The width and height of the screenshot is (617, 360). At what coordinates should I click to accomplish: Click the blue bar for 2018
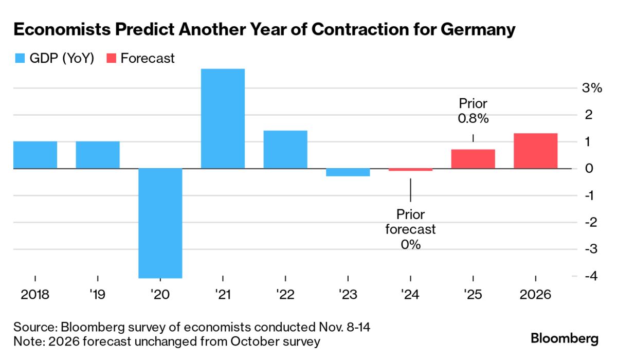(x=35, y=155)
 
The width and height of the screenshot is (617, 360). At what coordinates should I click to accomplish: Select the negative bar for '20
(x=160, y=223)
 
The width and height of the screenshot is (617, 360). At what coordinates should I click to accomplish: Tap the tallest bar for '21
(x=223, y=118)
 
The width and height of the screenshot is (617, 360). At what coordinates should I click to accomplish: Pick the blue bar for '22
(x=285, y=150)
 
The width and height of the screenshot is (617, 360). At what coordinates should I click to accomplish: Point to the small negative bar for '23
(x=348, y=172)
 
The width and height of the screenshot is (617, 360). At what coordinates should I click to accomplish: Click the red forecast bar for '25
(x=473, y=159)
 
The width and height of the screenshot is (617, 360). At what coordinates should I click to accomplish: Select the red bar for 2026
(x=535, y=151)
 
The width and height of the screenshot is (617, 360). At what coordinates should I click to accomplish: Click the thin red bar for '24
(x=410, y=170)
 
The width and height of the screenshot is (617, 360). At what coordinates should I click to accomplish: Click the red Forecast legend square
(x=111, y=59)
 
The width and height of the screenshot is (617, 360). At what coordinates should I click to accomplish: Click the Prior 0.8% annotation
(x=473, y=111)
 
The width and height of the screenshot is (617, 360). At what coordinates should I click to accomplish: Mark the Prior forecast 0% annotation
(x=410, y=229)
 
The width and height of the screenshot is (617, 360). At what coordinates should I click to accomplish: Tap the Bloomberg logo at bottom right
(x=565, y=339)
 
